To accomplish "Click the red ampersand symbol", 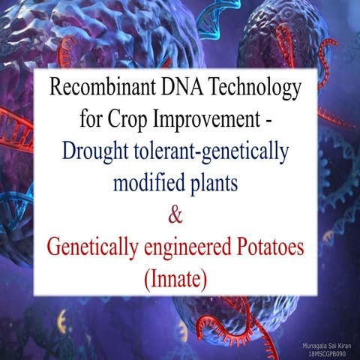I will [x=178, y=216].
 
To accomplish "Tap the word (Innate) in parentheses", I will [x=178, y=280].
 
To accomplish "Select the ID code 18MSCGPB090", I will [x=329, y=352].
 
